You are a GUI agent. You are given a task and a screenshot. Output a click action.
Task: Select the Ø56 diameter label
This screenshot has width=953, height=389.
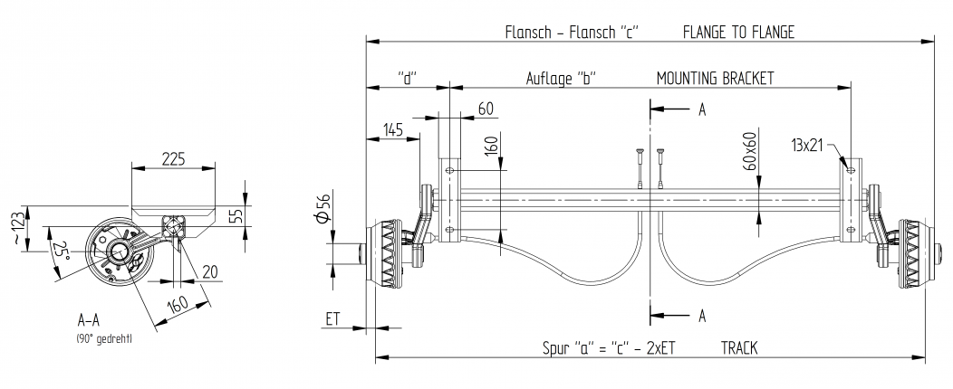(x=324, y=209)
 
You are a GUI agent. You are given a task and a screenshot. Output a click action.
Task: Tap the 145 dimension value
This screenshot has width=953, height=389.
(x=392, y=130)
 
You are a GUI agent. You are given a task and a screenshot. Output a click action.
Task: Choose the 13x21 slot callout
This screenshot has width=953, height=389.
(x=806, y=145)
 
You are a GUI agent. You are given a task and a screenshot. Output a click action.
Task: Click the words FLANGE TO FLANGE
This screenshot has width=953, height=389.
(x=738, y=33)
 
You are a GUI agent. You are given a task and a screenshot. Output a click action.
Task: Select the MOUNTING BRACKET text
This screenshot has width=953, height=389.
(x=715, y=79)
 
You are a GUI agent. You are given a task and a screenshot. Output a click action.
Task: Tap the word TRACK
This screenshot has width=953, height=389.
(x=740, y=347)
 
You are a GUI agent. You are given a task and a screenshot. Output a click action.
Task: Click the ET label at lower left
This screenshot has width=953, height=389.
(x=332, y=318)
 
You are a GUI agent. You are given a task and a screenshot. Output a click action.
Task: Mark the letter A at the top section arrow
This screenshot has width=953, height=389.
(x=701, y=109)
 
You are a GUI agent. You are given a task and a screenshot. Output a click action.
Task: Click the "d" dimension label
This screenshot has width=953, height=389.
(x=407, y=79)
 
